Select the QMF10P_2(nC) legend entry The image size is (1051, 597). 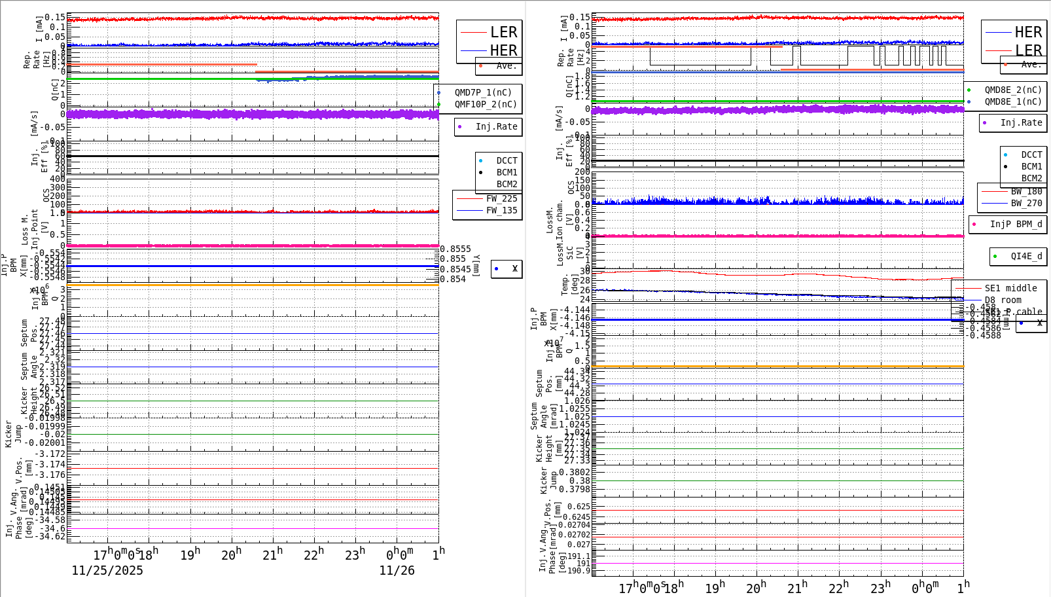tap(485, 105)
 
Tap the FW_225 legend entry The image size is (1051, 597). tap(501, 199)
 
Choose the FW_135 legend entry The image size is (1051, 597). tap(501, 211)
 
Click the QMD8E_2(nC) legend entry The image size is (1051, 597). tap(1012, 90)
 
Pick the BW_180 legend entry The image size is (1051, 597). tap(1026, 192)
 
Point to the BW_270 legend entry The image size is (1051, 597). tap(1026, 204)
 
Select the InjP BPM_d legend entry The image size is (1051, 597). tap(1016, 225)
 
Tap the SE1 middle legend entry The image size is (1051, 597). tap(1010, 289)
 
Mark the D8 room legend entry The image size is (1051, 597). tap(1003, 300)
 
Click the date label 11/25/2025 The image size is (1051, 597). tap(107, 571)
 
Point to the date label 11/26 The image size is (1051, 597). tap(397, 571)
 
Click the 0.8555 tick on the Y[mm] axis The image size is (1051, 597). tap(455, 249)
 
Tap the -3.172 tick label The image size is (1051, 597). tap(50, 454)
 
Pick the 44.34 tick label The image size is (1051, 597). tap(577, 372)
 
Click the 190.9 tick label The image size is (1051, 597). tap(578, 571)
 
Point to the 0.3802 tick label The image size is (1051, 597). tap(574, 473)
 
